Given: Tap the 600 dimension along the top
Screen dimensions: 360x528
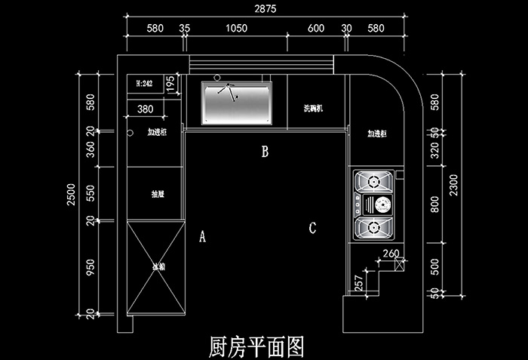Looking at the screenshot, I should pos(316,29).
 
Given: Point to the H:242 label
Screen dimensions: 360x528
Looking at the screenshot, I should pos(144,84).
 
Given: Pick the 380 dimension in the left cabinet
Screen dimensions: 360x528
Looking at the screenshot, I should pos(146,109).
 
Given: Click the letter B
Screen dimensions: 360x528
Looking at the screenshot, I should pos(265,152).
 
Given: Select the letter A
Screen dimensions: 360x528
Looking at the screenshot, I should pos(202,237).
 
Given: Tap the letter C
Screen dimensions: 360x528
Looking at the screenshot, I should pos(312,227).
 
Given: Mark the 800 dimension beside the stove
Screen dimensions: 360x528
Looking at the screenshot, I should pos(434,205).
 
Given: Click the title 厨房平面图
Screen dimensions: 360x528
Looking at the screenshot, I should pos(256,346).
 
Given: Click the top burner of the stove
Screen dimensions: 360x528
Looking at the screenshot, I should pos(373,182).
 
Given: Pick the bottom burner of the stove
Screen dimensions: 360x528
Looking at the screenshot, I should pos(373,226).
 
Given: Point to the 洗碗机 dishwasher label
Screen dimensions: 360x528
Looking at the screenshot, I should pos(313,109).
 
